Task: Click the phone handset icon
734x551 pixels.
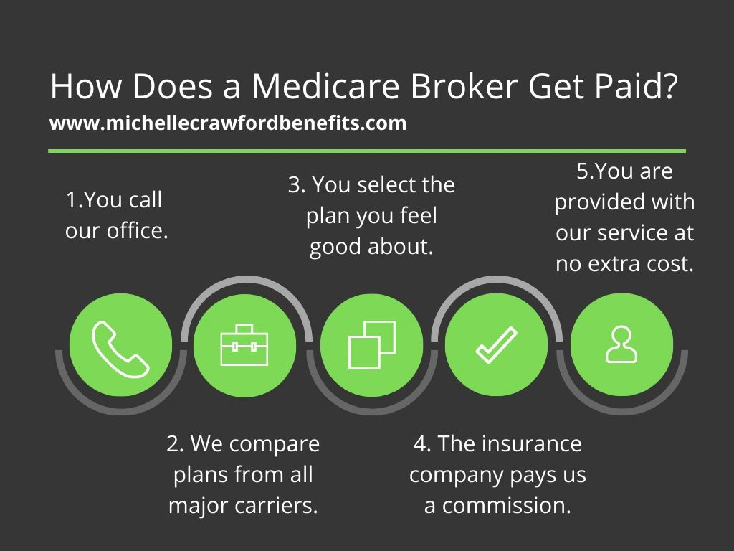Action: [x=120, y=349]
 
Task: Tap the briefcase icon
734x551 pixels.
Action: [x=244, y=345]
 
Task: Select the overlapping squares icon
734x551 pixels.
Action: [x=372, y=344]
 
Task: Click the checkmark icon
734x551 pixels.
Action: [x=496, y=345]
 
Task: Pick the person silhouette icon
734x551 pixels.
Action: [x=621, y=344]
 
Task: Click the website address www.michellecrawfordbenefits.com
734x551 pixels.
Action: [x=228, y=123]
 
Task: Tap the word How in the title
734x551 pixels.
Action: [x=86, y=86]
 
